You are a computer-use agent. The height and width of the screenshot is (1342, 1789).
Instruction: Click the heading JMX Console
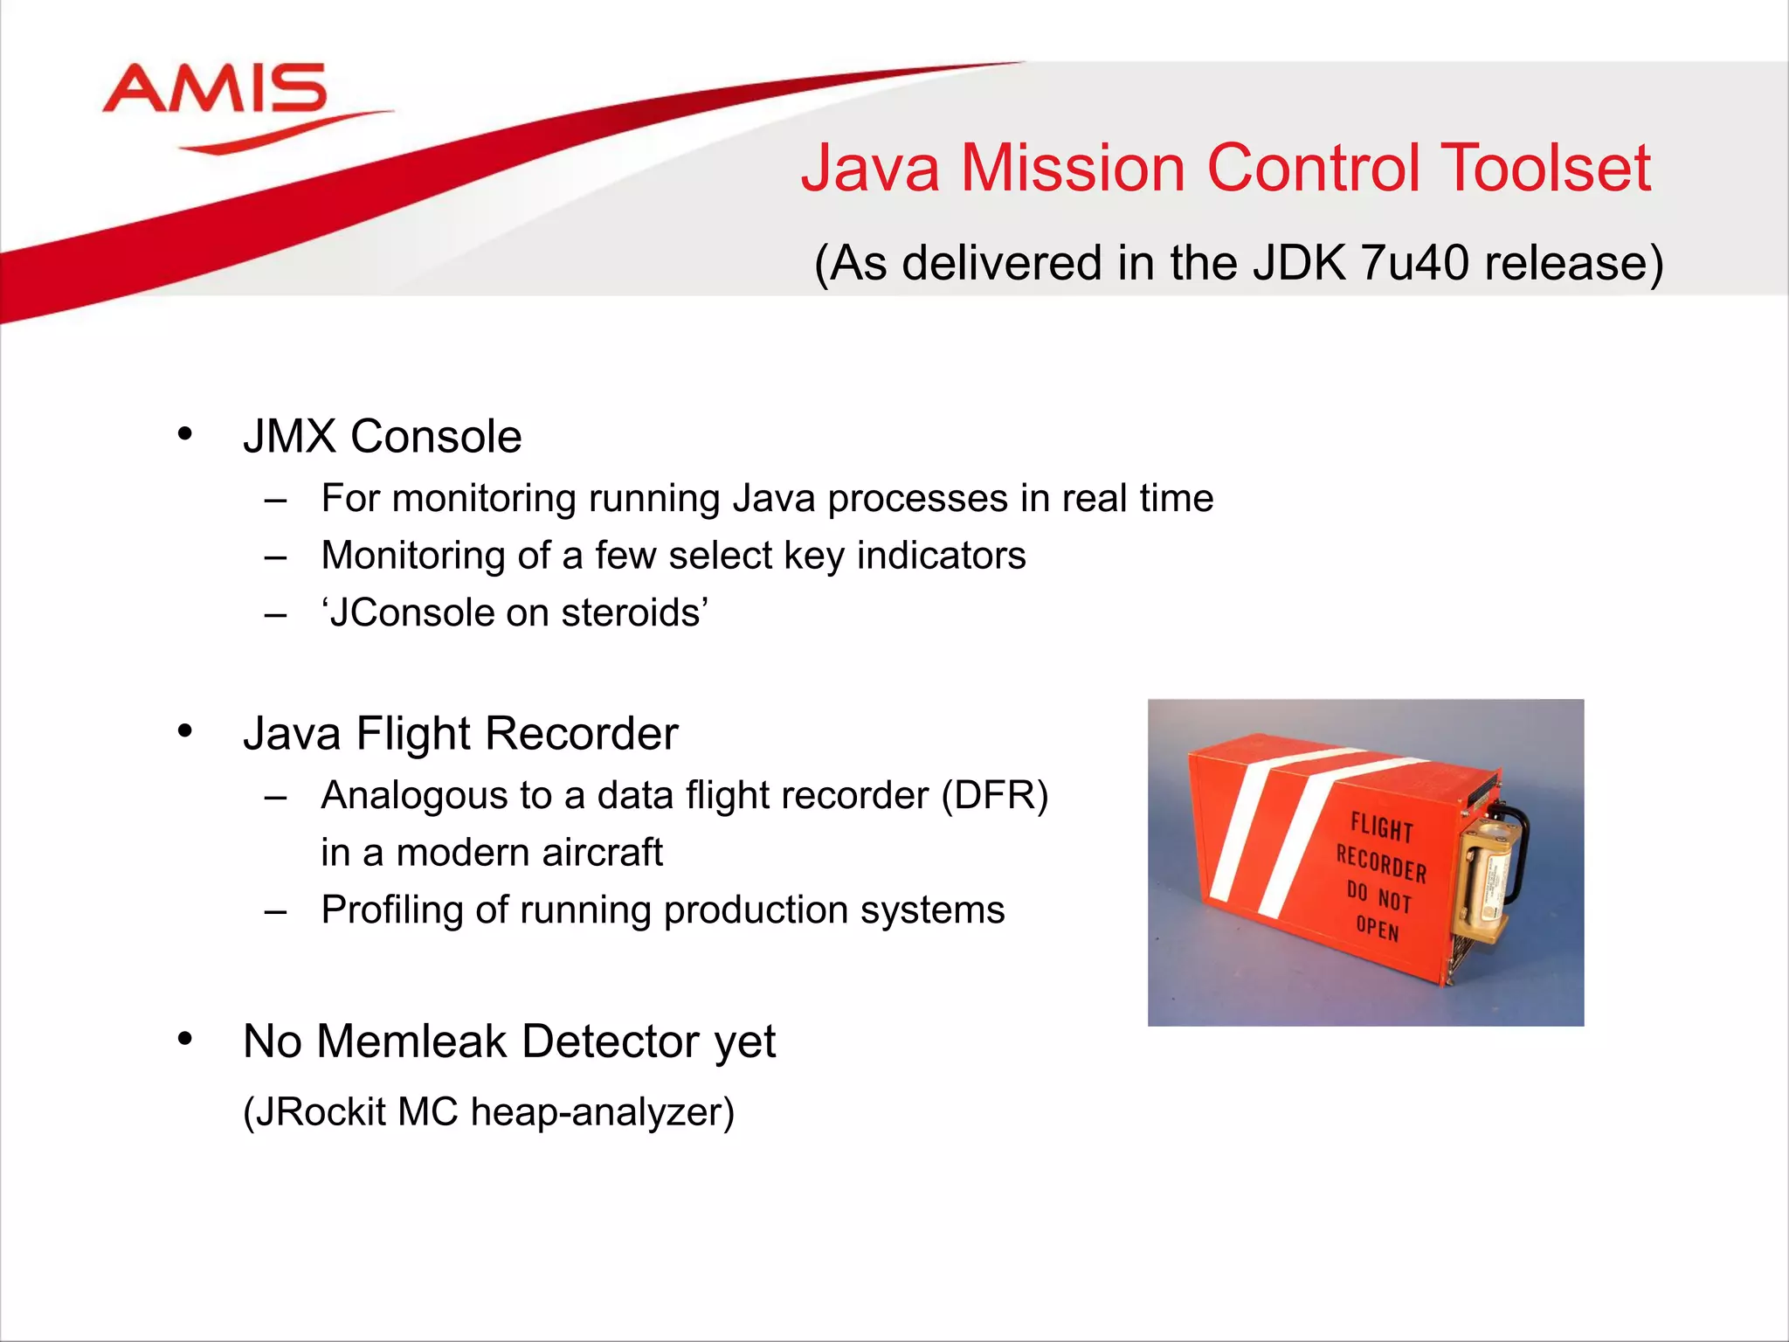[x=382, y=436]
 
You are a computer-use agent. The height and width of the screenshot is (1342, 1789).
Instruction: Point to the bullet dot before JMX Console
[x=184, y=433]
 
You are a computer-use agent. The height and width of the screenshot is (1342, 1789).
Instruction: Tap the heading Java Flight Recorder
[x=460, y=733]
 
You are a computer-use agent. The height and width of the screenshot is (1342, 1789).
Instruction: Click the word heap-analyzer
[x=602, y=1112]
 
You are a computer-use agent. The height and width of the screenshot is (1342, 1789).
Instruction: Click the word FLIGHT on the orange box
[x=1381, y=827]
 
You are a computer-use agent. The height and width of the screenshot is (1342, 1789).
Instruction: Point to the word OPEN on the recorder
[x=1378, y=928]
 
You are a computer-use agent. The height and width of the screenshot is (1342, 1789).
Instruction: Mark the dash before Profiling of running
[x=276, y=911]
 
